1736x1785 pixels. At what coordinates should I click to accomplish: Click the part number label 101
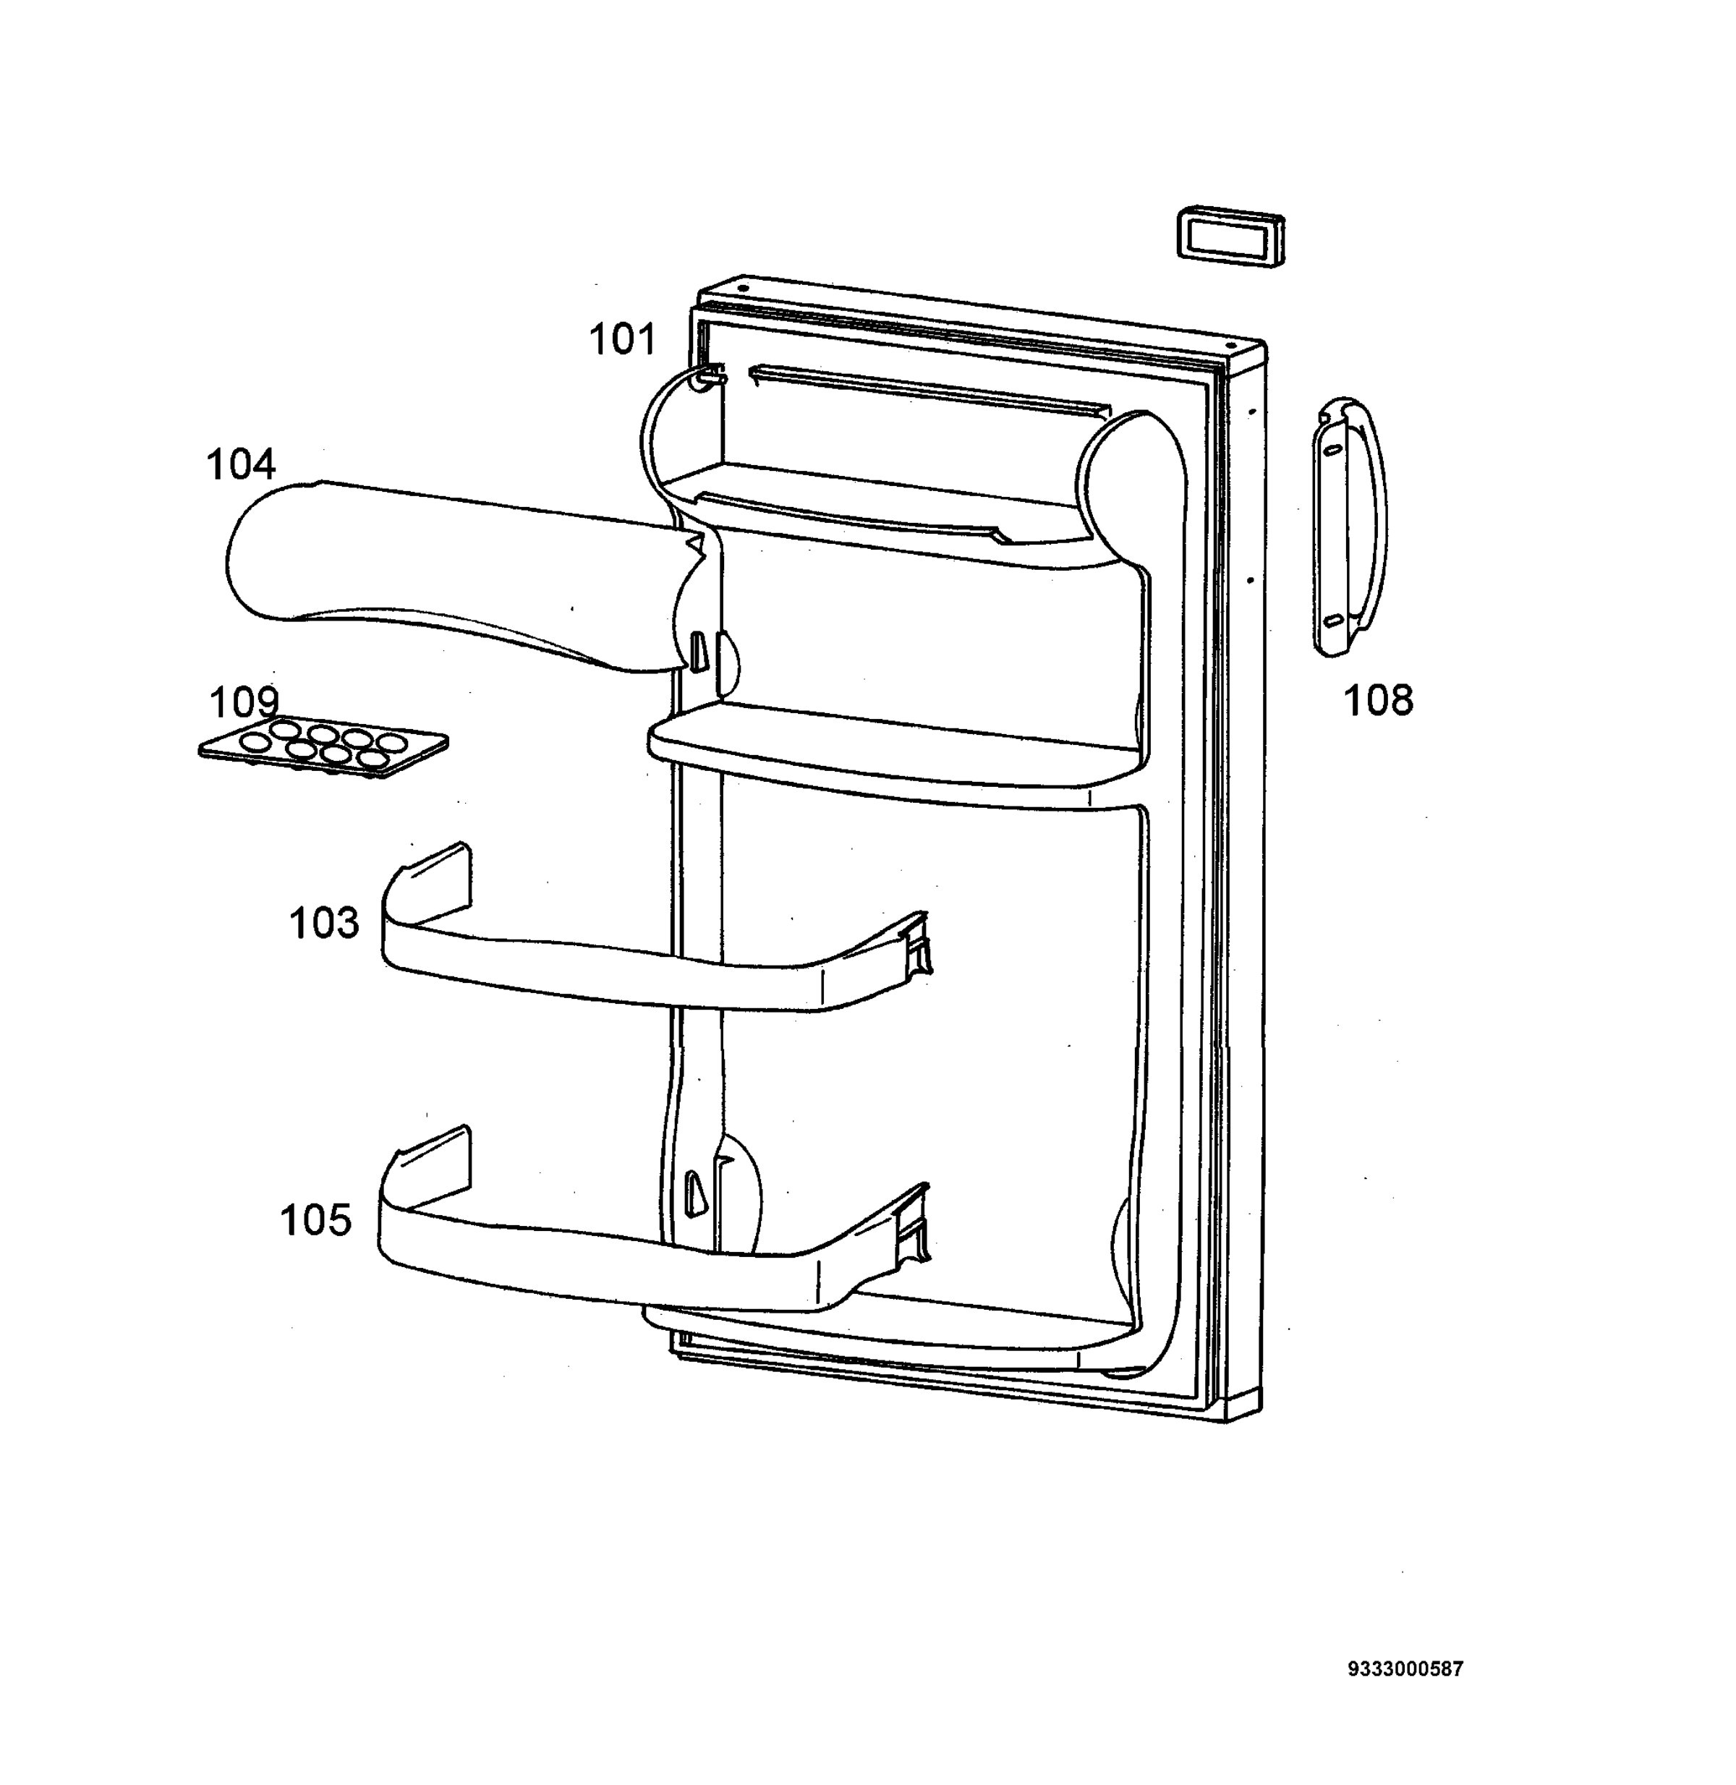[x=623, y=339]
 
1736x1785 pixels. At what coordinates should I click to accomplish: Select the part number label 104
[x=241, y=464]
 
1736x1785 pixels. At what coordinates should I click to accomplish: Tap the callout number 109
[x=244, y=702]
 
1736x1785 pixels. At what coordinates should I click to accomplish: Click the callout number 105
[x=315, y=1220]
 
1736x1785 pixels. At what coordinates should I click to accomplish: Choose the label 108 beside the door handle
[x=1379, y=700]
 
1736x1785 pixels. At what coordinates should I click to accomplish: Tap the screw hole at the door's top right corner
[x=1231, y=346]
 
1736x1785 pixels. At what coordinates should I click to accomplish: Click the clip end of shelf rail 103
[x=914, y=948]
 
